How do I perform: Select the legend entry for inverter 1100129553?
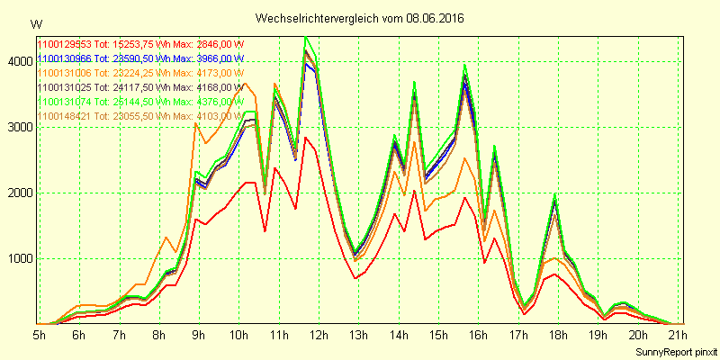(x=140, y=44)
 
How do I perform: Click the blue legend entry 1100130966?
(x=140, y=58)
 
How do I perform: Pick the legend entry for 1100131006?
(x=140, y=73)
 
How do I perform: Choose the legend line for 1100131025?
(x=140, y=87)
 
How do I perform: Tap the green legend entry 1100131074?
(x=140, y=102)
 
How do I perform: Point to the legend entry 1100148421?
(x=140, y=116)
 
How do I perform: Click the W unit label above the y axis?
(x=35, y=23)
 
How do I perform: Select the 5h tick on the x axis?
(x=40, y=335)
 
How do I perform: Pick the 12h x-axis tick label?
(x=319, y=335)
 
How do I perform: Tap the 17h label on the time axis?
(x=517, y=335)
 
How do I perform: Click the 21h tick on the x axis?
(x=677, y=335)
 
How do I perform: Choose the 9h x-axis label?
(x=199, y=335)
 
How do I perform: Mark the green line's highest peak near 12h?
(x=306, y=38)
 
